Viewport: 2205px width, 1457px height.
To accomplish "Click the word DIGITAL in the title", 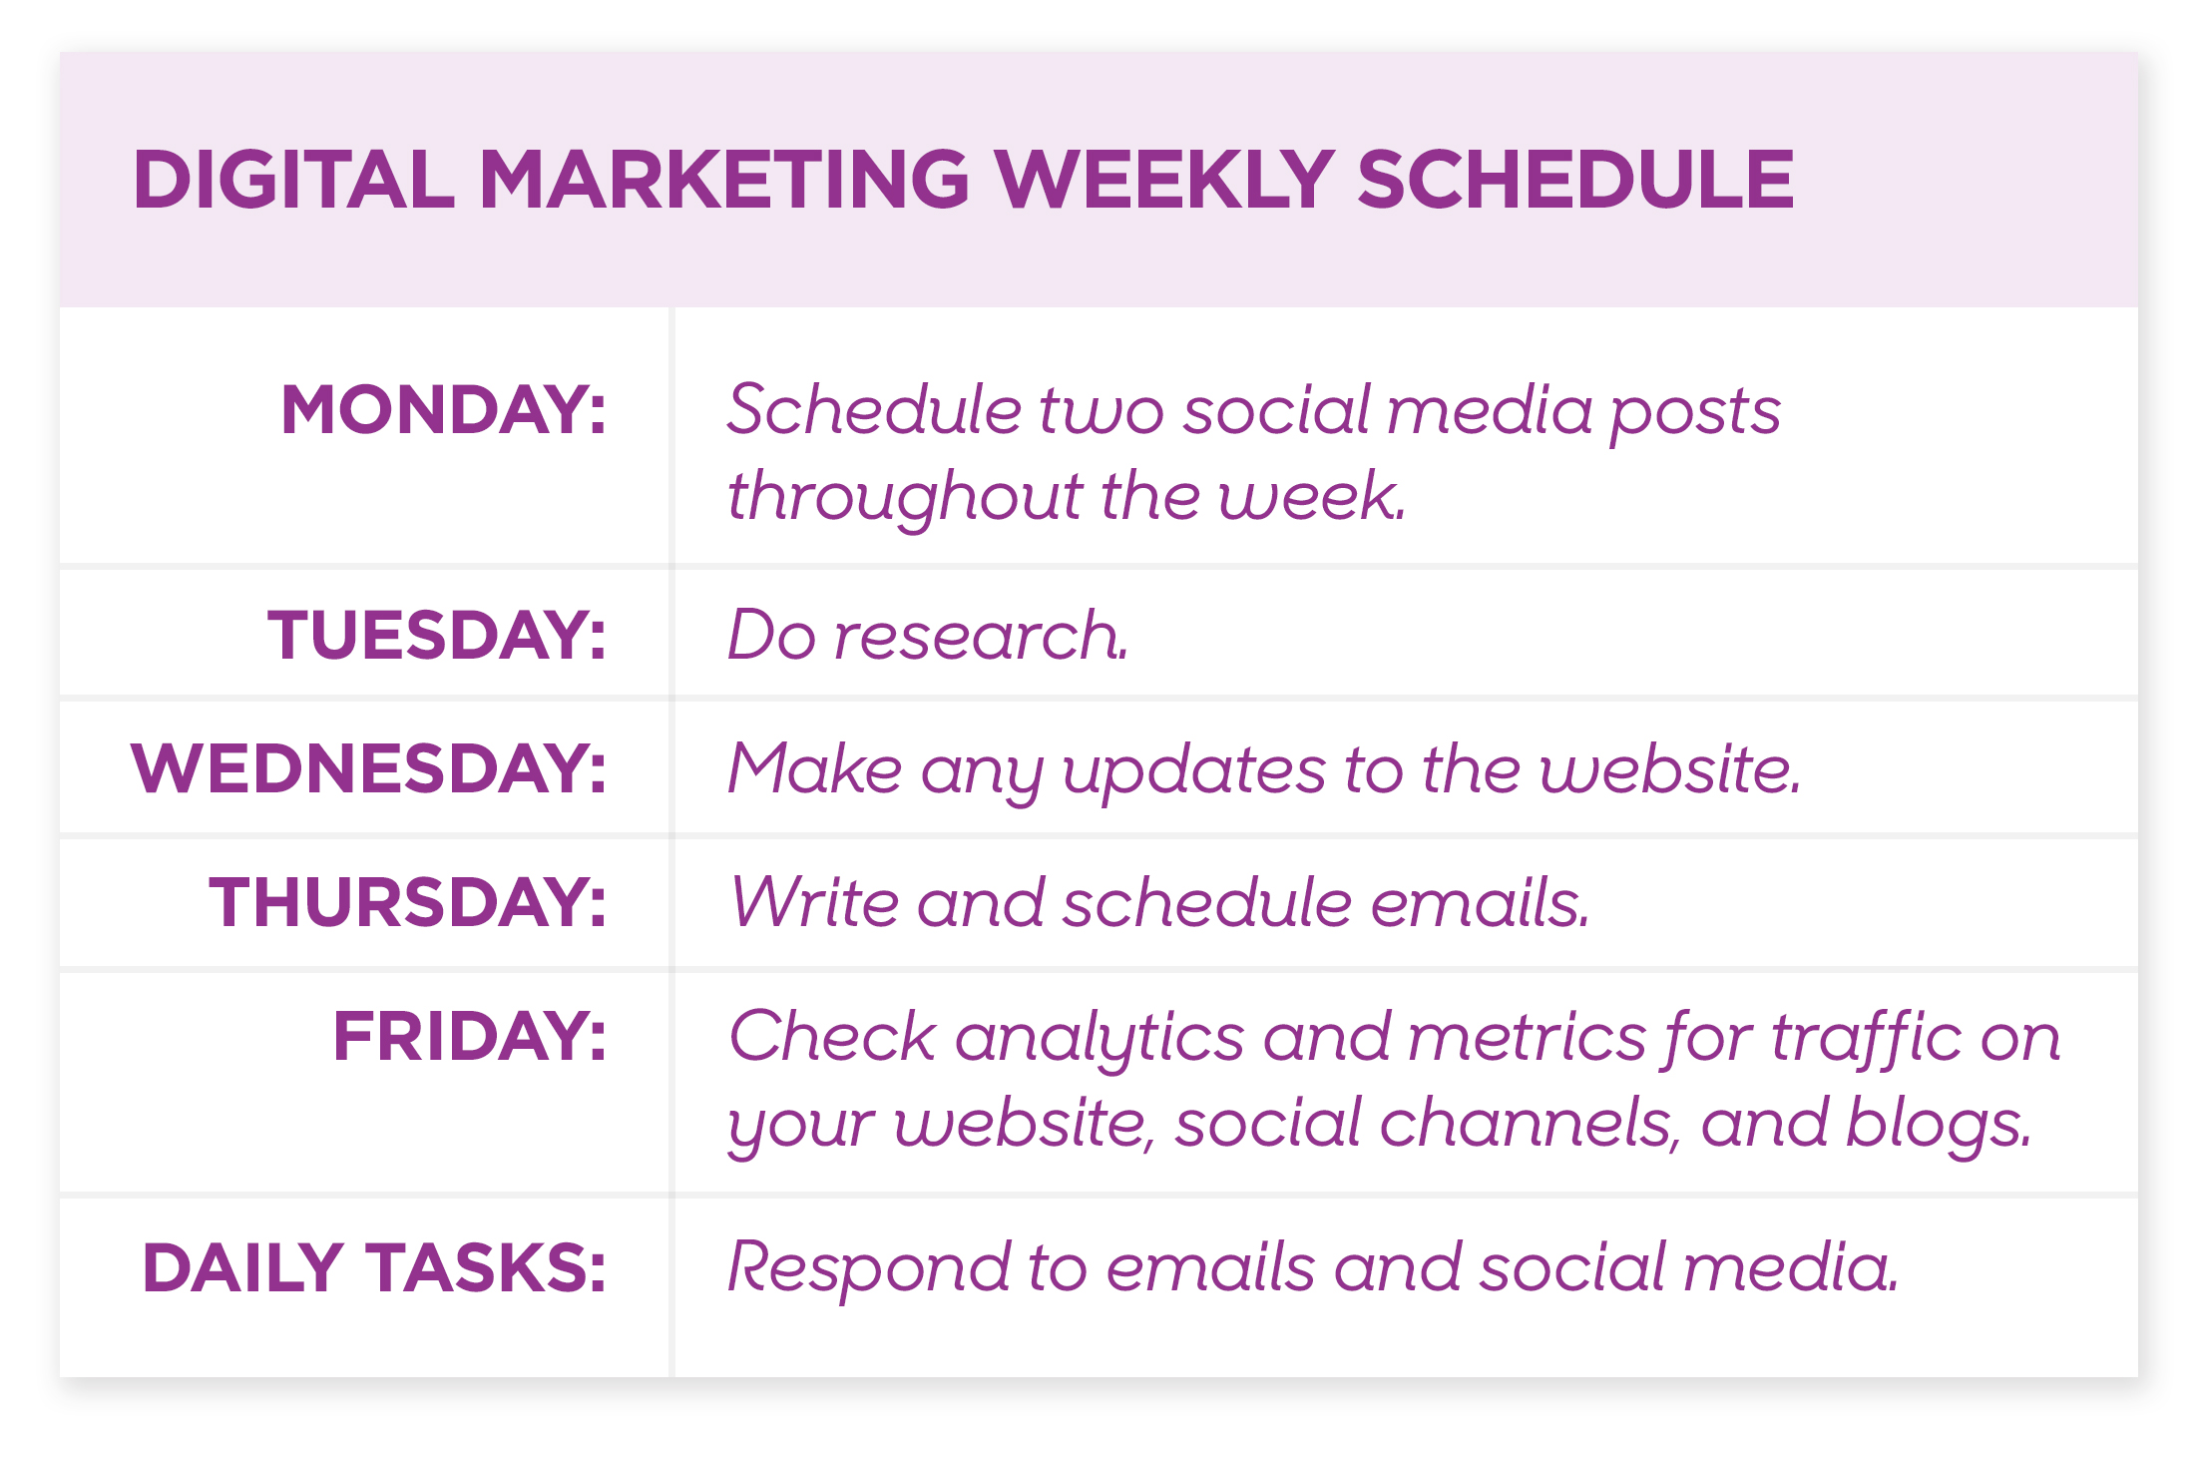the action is click(x=293, y=180).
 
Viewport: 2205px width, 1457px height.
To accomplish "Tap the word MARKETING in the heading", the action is click(x=725, y=180).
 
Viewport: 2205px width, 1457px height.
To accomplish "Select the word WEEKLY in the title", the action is click(x=1164, y=180).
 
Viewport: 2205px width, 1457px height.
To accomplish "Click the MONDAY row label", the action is click(x=444, y=409).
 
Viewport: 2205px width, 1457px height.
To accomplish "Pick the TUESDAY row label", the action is click(x=437, y=635).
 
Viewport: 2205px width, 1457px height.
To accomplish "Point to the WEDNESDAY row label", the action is click(x=368, y=768).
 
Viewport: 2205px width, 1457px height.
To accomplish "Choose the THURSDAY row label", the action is click(x=407, y=902).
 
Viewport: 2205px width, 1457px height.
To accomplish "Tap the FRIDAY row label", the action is click(x=469, y=1036).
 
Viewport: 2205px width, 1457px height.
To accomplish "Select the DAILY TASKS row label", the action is click(x=374, y=1268).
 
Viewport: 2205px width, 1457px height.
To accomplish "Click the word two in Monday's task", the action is click(x=1102, y=411).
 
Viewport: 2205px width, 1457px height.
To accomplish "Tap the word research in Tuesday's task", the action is click(x=981, y=636).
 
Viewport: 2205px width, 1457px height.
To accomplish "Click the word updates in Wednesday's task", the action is click(x=1194, y=771).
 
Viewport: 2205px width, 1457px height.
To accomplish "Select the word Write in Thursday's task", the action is click(x=814, y=902).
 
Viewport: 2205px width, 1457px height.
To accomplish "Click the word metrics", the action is click(x=1527, y=1037).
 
